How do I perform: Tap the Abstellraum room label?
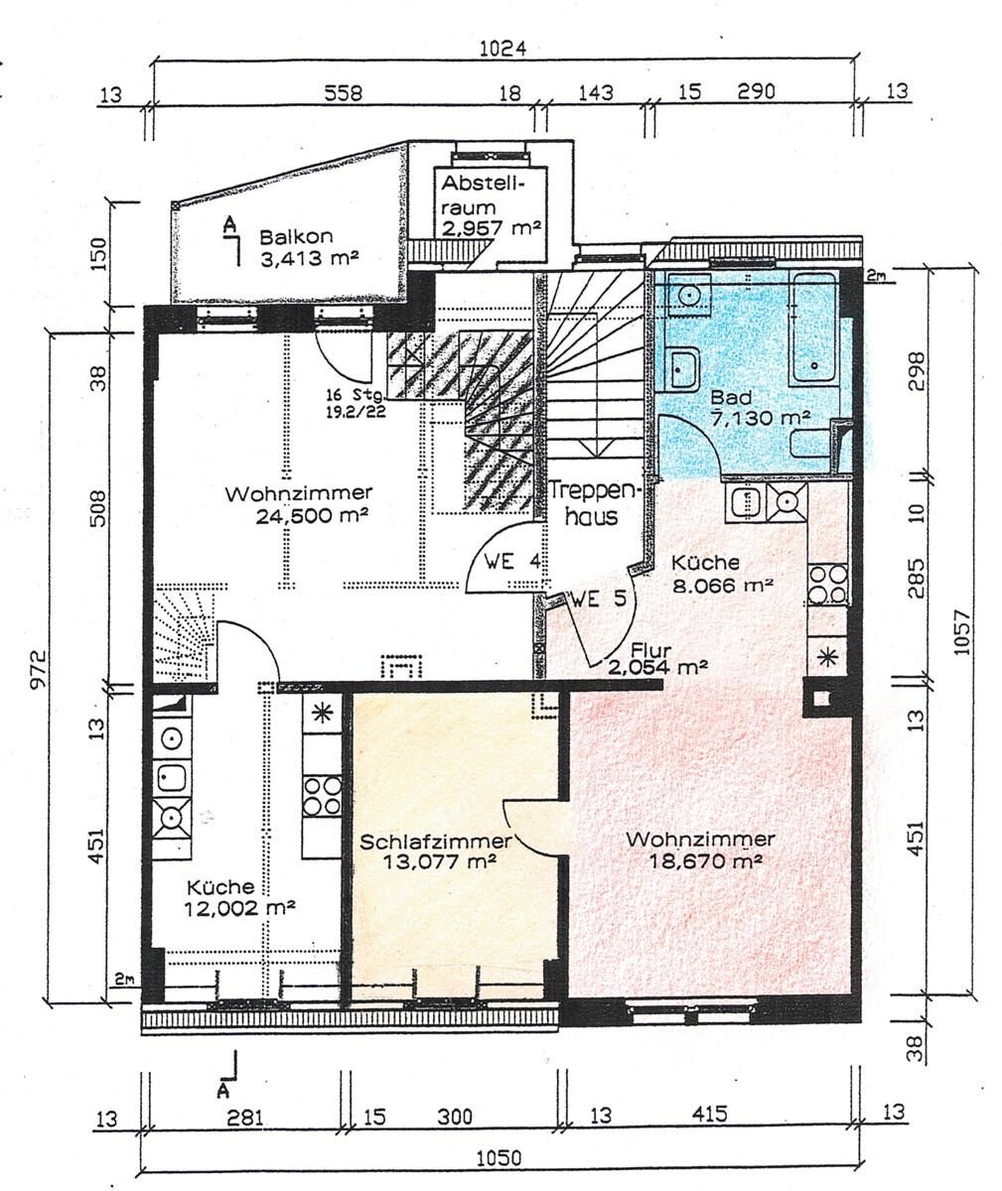[483, 196]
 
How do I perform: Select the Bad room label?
[731, 397]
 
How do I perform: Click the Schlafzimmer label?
[436, 842]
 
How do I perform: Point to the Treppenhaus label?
[594, 503]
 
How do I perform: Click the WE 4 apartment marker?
[511, 562]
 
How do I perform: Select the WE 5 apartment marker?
[599, 598]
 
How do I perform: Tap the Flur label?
[651, 650]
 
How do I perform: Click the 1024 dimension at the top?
[502, 49]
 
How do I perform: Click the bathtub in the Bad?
[813, 327]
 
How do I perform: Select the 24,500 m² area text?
[311, 516]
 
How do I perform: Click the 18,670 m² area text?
[706, 860]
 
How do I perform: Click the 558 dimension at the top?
[343, 92]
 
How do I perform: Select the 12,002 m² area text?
[239, 908]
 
